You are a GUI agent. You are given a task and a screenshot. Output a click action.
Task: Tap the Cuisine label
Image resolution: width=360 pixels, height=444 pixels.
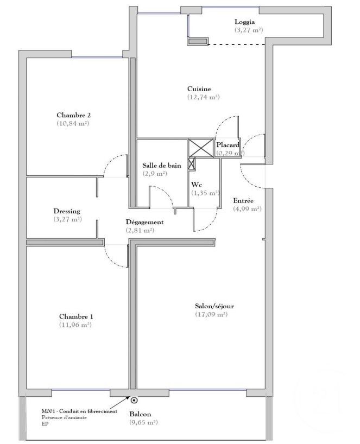[199, 89]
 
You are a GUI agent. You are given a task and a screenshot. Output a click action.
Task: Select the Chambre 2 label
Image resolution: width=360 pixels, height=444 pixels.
[73, 115]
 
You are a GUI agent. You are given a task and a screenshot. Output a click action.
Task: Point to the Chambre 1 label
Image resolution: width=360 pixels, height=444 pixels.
[75, 317]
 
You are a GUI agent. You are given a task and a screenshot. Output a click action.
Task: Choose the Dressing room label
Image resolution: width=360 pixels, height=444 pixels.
[67, 211]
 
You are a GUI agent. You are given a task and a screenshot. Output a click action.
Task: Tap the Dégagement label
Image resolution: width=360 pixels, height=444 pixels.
[144, 222]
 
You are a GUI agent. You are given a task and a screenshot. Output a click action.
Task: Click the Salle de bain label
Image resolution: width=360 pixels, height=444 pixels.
[162, 166]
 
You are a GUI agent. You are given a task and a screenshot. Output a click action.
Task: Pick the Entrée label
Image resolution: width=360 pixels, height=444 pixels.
[243, 200]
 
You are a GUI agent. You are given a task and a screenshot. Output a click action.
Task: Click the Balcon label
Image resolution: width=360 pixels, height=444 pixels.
[140, 414]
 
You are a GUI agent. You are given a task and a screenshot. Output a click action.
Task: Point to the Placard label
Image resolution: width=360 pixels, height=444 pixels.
[228, 145]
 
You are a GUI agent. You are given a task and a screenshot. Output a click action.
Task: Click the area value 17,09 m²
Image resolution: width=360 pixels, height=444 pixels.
[211, 314]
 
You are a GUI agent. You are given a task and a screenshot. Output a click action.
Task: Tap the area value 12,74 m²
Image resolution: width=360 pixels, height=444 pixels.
[203, 97]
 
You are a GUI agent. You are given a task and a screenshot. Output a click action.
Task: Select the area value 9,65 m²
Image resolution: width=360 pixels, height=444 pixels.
[143, 422]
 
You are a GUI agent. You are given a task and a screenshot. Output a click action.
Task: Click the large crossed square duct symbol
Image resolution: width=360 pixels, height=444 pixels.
[199, 148]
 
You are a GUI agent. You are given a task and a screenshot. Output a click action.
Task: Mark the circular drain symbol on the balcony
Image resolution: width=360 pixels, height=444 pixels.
[134, 400]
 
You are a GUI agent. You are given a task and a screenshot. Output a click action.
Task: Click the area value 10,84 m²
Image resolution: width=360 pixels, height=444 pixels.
[73, 123]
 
